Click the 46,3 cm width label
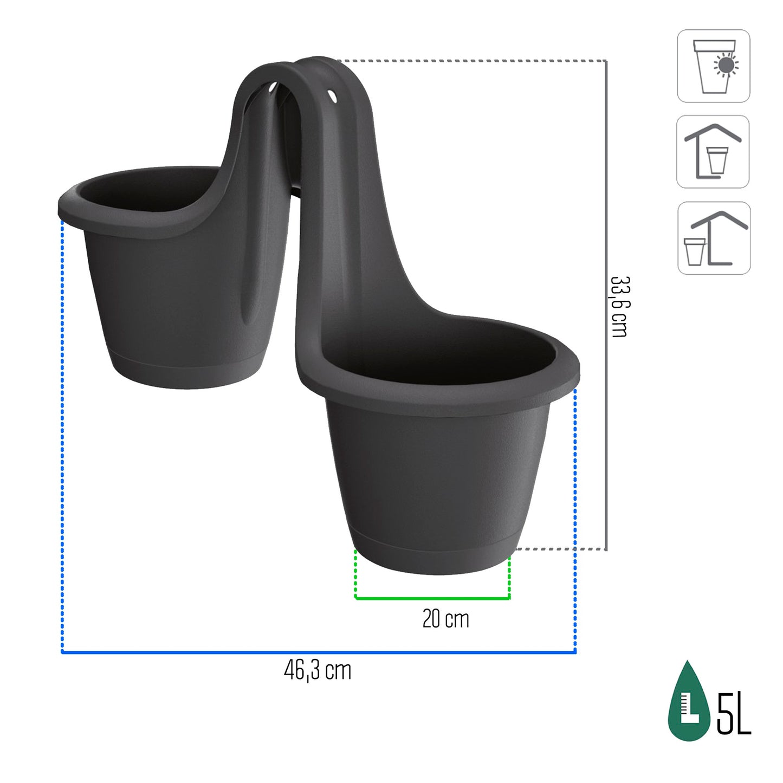click(318, 671)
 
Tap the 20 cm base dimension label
click(445, 619)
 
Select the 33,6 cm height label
click(619, 307)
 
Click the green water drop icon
click(688, 702)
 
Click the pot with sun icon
click(714, 66)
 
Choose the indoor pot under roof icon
click(713, 152)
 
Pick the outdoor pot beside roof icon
click(714, 238)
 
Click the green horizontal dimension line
click(432, 598)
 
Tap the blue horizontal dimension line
click(319, 652)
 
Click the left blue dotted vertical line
click(62, 433)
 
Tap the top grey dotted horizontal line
click(471, 61)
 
